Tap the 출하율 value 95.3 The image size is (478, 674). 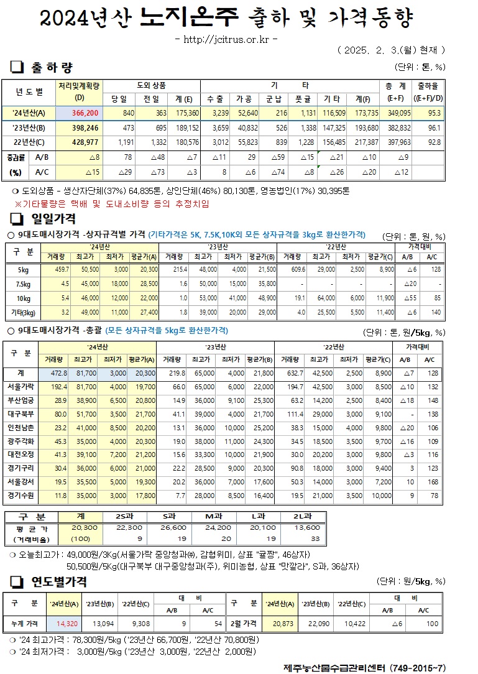click(435, 113)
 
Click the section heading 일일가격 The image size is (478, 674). click(54, 218)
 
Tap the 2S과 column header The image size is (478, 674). click(125, 516)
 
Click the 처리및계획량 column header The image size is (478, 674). click(80, 91)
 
